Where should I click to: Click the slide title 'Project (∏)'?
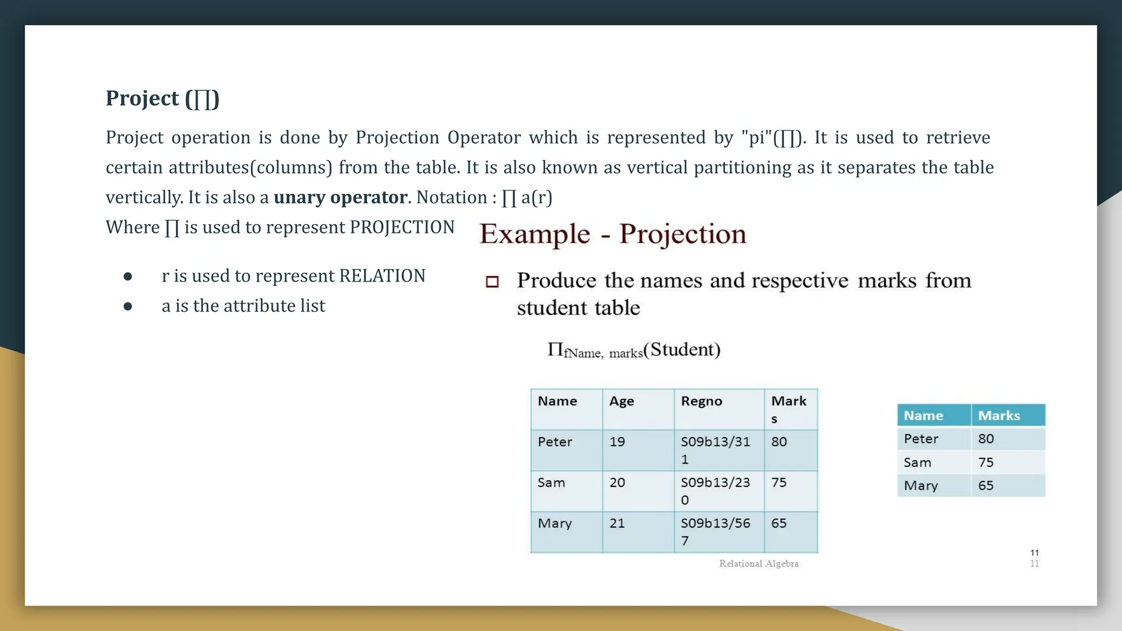click(162, 99)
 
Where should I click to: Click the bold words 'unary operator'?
click(340, 197)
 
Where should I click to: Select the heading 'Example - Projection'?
click(612, 234)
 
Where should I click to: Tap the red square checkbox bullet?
click(492, 282)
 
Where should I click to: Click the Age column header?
click(622, 401)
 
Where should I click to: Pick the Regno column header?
click(701, 401)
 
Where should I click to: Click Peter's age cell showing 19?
click(617, 442)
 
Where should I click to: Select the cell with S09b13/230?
click(715, 491)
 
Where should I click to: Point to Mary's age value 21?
click(617, 524)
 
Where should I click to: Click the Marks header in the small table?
click(999, 416)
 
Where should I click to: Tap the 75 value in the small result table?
click(986, 462)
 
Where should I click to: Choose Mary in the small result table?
click(921, 486)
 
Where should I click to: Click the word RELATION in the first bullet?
click(382, 276)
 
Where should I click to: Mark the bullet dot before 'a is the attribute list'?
click(128, 306)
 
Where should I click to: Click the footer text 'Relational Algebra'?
click(759, 564)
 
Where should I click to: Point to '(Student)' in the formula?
click(682, 349)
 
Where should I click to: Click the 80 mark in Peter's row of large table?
click(779, 442)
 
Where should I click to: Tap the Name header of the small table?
click(923, 416)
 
